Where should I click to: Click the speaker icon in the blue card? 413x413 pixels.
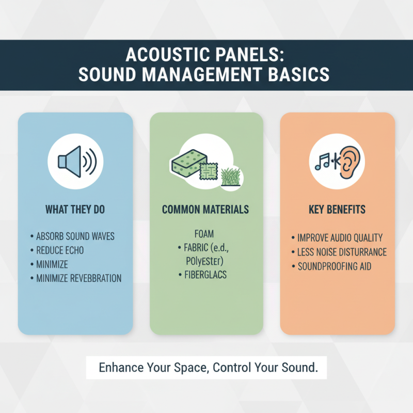pyautogui.click(x=76, y=161)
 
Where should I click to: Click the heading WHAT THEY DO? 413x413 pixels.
pyautogui.click(x=75, y=210)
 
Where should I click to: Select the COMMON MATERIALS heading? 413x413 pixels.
pyautogui.click(x=205, y=210)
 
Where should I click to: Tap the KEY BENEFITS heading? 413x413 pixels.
pyautogui.click(x=338, y=210)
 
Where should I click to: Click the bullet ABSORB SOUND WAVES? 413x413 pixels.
pyautogui.click(x=75, y=236)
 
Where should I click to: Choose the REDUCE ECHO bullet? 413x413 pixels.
pyautogui.click(x=60, y=250)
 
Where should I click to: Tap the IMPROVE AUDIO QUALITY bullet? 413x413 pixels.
pyautogui.click(x=340, y=238)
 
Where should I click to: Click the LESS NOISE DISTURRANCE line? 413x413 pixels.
pyautogui.click(x=342, y=252)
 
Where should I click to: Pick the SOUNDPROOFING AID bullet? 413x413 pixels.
pyautogui.click(x=333, y=266)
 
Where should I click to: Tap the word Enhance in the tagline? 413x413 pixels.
pyautogui.click(x=121, y=369)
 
